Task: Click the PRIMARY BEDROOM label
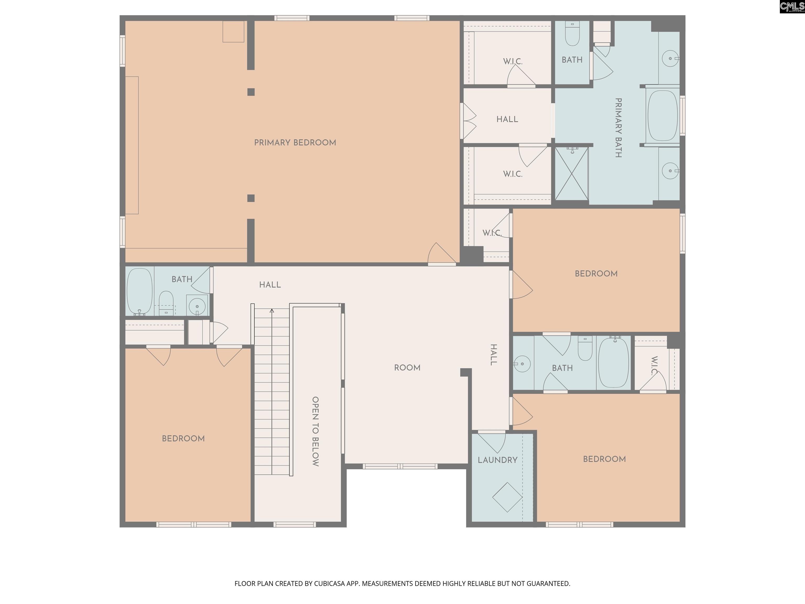click(295, 143)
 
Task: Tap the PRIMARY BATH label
click(618, 127)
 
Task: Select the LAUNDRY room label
click(497, 460)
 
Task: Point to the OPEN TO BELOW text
click(316, 432)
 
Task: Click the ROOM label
click(407, 368)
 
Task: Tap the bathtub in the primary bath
click(663, 115)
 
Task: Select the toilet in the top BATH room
click(573, 34)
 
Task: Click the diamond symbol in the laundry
click(507, 497)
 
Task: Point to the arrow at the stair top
click(271, 311)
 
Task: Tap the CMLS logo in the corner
click(792, 7)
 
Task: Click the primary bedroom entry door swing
click(442, 254)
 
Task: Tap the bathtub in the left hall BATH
click(139, 292)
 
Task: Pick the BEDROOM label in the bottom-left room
click(183, 439)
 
